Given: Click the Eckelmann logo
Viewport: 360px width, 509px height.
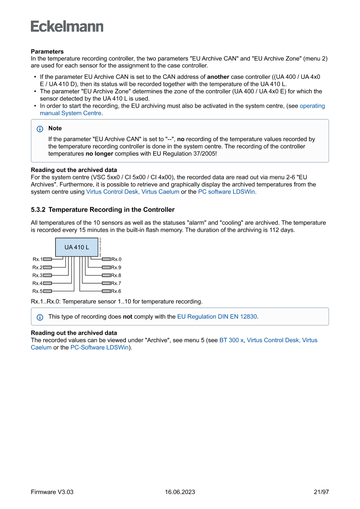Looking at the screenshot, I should (x=67, y=27).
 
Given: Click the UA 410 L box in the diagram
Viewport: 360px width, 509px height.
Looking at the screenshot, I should (x=77, y=247).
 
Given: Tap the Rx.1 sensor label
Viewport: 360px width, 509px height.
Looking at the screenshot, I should (x=37, y=260).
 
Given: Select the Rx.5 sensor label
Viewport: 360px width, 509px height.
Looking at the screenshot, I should (x=37, y=291).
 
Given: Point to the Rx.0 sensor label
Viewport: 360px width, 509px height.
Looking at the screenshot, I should (x=116, y=260).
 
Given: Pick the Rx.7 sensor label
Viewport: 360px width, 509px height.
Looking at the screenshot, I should (x=116, y=283).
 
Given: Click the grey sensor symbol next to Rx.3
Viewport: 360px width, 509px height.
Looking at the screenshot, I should (x=47, y=276).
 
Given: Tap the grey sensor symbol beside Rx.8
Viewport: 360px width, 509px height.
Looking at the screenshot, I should (x=106, y=276).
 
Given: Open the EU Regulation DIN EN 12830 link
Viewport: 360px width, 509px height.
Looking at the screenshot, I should (x=217, y=317).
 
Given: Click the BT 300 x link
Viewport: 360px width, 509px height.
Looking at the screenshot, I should (x=231, y=340).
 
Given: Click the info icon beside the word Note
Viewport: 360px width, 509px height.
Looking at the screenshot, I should (x=40, y=129).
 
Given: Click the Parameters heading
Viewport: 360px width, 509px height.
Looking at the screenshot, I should (x=47, y=51).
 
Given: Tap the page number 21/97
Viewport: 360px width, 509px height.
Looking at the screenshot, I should (x=321, y=492).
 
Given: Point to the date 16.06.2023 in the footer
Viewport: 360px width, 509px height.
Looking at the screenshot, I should (x=180, y=492).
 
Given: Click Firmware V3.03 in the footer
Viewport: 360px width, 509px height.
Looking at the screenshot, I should (x=52, y=492).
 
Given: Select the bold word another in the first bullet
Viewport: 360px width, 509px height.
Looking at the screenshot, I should (x=218, y=77).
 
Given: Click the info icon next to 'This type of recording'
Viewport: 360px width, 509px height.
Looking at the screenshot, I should (x=40, y=317).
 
